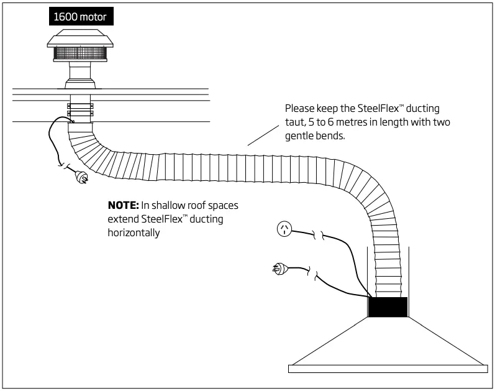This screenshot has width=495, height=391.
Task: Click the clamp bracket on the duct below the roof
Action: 81,109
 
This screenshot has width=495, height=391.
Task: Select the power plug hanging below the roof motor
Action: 82,178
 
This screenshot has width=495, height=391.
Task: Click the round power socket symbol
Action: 284,230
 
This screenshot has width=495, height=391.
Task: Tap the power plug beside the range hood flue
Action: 279,269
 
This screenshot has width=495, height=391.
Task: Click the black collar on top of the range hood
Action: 388,307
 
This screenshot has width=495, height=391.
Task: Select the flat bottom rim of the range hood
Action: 388,368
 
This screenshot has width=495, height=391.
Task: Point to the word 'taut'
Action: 295,122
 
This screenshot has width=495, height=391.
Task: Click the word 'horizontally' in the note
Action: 134,232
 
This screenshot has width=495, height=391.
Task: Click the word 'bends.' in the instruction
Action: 331,136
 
